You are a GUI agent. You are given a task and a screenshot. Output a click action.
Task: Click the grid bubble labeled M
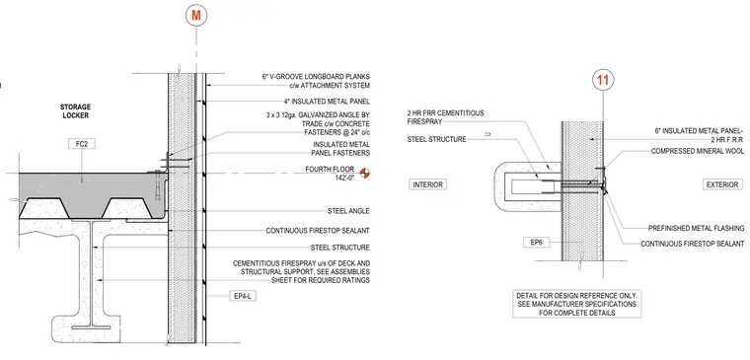(x=196, y=16)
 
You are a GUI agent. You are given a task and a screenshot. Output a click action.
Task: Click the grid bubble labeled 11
(x=603, y=80)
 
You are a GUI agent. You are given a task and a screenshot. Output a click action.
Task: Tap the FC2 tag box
(x=81, y=143)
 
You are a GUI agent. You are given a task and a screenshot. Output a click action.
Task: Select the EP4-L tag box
(x=243, y=296)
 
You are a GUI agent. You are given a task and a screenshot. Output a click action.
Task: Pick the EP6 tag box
(x=536, y=243)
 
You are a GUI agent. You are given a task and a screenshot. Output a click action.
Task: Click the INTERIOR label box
(x=427, y=184)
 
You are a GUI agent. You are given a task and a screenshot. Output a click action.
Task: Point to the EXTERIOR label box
(x=722, y=184)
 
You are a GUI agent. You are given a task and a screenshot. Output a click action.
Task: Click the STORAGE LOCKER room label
(x=75, y=110)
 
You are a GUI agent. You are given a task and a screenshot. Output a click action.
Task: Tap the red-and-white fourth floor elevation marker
(x=366, y=173)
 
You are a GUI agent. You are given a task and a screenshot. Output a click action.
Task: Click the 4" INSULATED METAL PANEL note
(x=327, y=101)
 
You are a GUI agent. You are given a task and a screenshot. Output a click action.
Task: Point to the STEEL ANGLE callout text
(x=348, y=210)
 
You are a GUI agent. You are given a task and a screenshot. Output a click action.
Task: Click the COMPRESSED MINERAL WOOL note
(x=698, y=151)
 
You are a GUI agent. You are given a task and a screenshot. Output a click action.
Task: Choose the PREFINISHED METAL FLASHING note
(x=696, y=228)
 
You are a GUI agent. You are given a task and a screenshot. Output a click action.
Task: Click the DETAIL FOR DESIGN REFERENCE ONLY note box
(x=577, y=304)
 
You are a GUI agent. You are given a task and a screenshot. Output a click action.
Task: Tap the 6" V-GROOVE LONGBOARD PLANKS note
(x=316, y=81)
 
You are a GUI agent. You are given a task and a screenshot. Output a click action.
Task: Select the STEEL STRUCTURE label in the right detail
(x=436, y=140)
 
